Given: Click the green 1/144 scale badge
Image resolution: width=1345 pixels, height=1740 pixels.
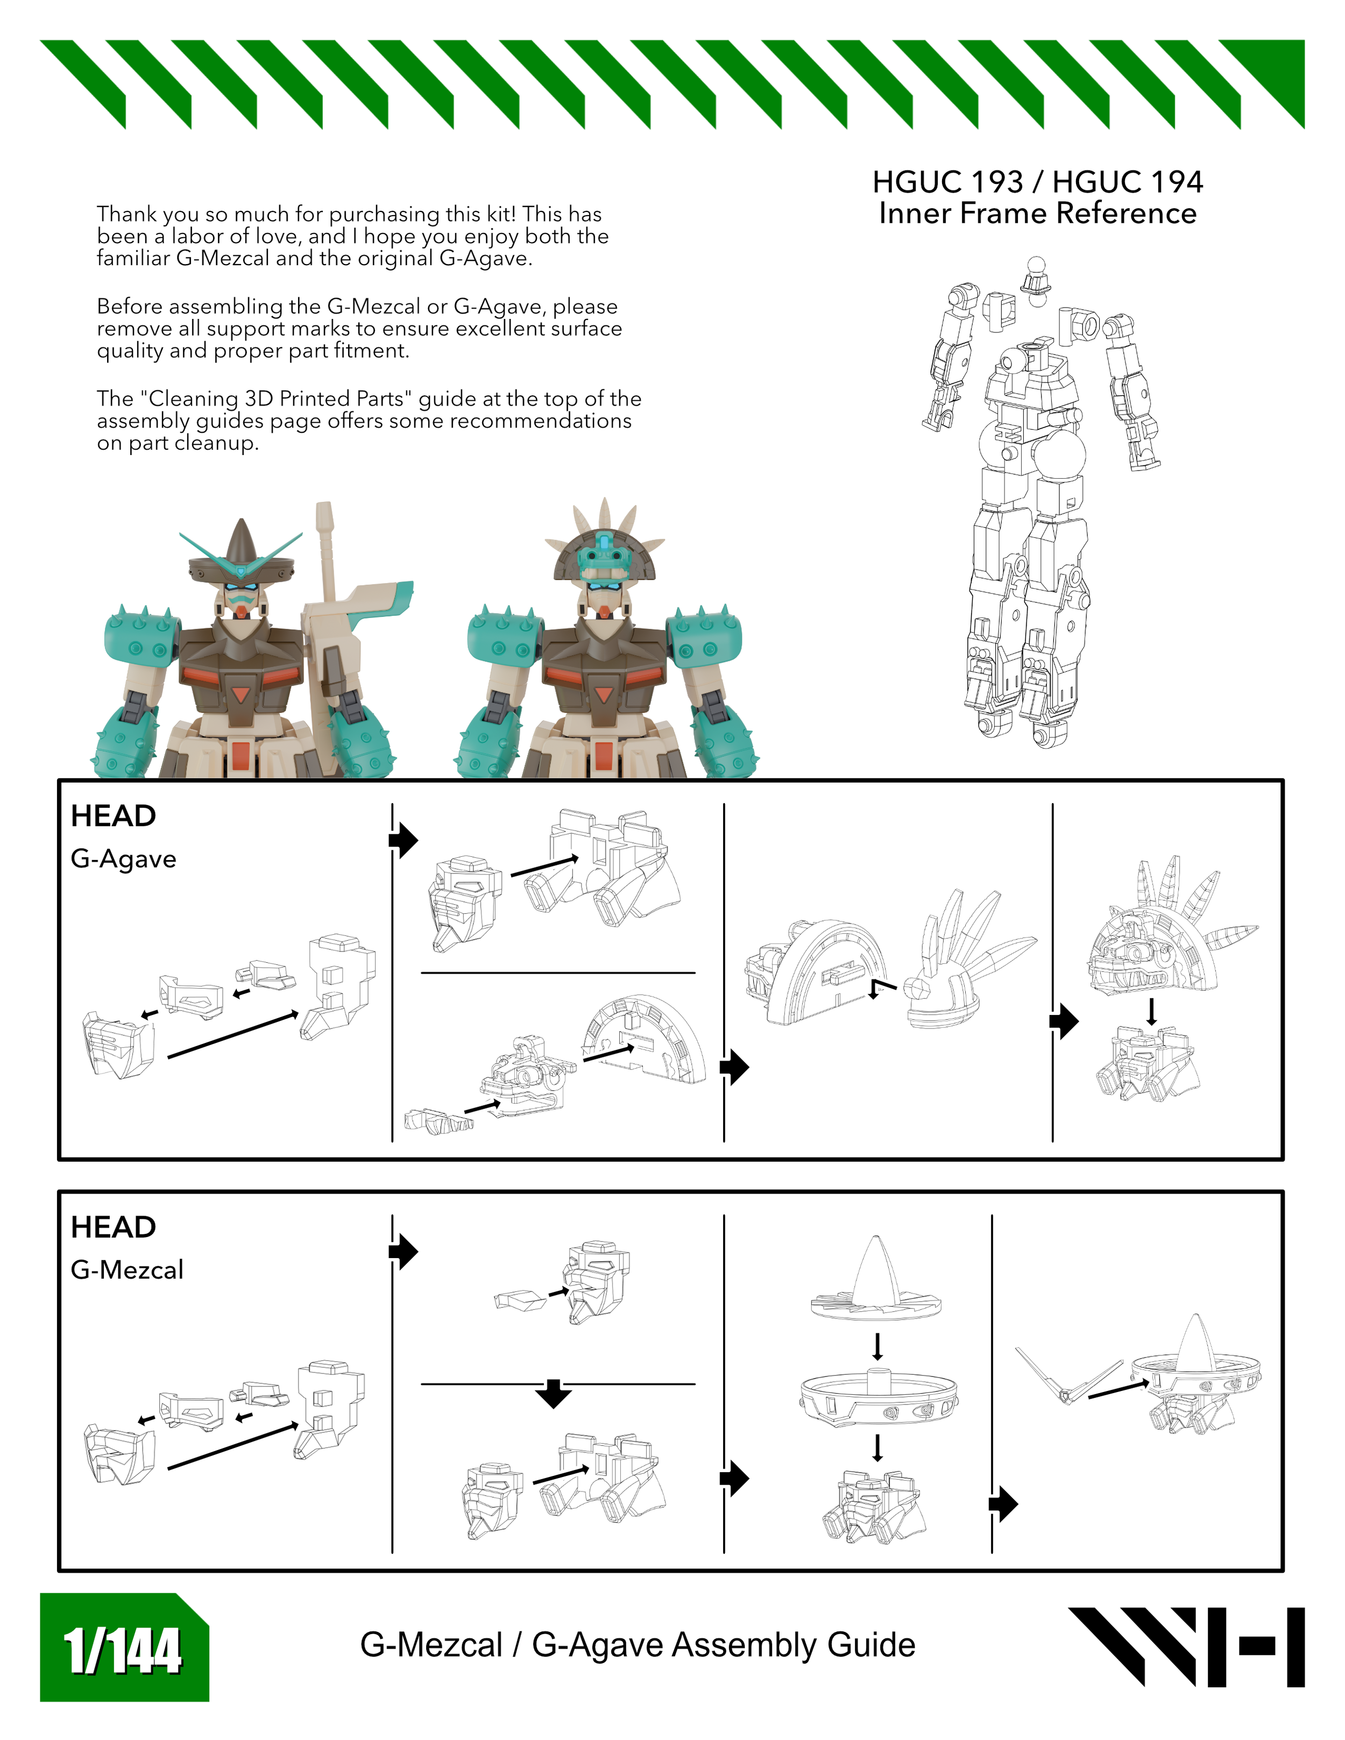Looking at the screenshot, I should [x=124, y=1647].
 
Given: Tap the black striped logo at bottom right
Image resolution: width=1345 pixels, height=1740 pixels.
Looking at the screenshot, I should [x=1186, y=1647].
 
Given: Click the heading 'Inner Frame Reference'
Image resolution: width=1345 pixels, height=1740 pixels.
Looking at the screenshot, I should [x=1037, y=214].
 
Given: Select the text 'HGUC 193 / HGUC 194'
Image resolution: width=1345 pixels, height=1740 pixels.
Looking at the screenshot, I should [x=1037, y=182].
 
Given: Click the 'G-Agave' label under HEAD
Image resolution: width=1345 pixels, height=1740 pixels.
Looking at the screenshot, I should [x=124, y=859].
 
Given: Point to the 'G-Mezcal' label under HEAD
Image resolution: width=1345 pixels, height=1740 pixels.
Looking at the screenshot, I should [x=126, y=1270].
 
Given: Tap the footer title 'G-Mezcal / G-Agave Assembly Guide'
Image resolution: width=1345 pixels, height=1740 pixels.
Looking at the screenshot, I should [x=638, y=1645].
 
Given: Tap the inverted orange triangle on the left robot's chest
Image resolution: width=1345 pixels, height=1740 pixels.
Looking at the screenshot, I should [x=240, y=695].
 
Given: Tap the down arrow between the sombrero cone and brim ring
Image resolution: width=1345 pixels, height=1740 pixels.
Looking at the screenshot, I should [x=877, y=1346].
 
